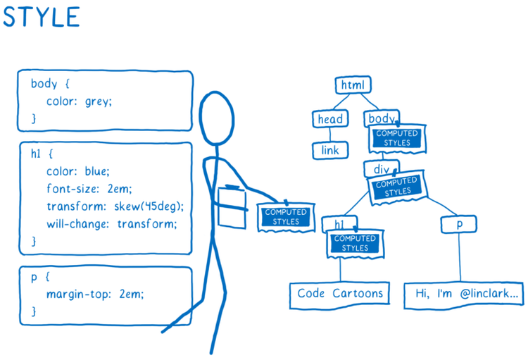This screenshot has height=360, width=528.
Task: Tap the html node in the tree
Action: (352, 86)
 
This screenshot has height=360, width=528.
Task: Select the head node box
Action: (329, 119)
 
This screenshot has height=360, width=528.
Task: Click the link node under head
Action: (329, 150)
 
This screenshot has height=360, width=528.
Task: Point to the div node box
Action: (381, 169)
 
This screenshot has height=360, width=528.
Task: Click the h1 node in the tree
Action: (339, 225)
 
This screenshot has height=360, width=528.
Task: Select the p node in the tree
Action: (459, 224)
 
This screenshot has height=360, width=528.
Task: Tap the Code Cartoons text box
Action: (339, 294)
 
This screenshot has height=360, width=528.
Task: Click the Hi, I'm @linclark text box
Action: (463, 294)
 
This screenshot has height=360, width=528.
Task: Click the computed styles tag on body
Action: (396, 138)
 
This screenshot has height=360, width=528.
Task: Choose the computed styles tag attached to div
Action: (398, 187)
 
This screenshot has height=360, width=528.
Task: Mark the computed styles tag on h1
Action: (355, 244)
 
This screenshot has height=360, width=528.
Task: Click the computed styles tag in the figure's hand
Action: (285, 216)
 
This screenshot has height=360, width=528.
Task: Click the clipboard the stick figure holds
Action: (232, 206)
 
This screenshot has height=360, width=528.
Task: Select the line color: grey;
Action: (79, 101)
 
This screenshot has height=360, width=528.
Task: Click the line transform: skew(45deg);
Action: (115, 206)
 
